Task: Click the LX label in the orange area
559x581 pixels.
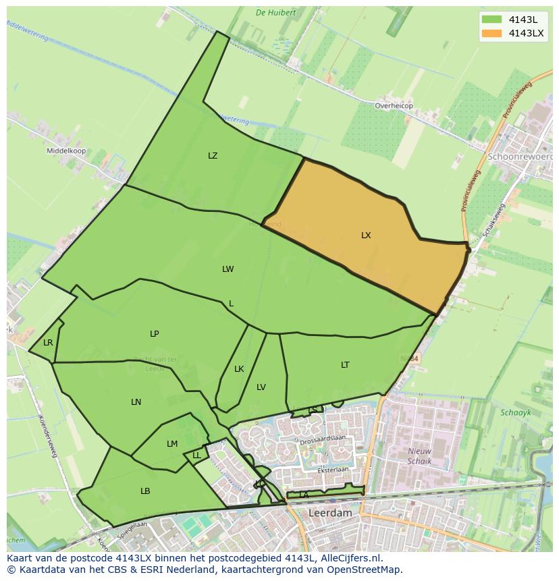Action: point(366,236)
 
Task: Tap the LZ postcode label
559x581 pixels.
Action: point(213,156)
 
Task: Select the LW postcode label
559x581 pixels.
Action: point(228,269)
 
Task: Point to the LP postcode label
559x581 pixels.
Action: point(155,334)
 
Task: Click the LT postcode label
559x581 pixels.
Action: point(345,365)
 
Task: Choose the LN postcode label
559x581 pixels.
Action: point(136,402)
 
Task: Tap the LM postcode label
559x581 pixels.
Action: point(172,444)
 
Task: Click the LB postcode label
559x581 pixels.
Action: point(145,491)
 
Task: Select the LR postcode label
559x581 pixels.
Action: point(48,343)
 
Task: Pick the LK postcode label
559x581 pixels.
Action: point(239,369)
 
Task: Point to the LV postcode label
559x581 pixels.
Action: point(261,387)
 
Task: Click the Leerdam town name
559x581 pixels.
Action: point(330,513)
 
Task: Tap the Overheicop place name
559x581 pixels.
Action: point(394,106)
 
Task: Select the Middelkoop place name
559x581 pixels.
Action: point(66,151)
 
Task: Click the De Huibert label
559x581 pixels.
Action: point(276,12)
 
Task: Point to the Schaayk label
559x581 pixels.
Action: point(516,412)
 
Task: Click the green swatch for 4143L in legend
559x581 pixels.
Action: point(492,20)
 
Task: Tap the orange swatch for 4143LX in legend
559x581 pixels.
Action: point(492,34)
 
